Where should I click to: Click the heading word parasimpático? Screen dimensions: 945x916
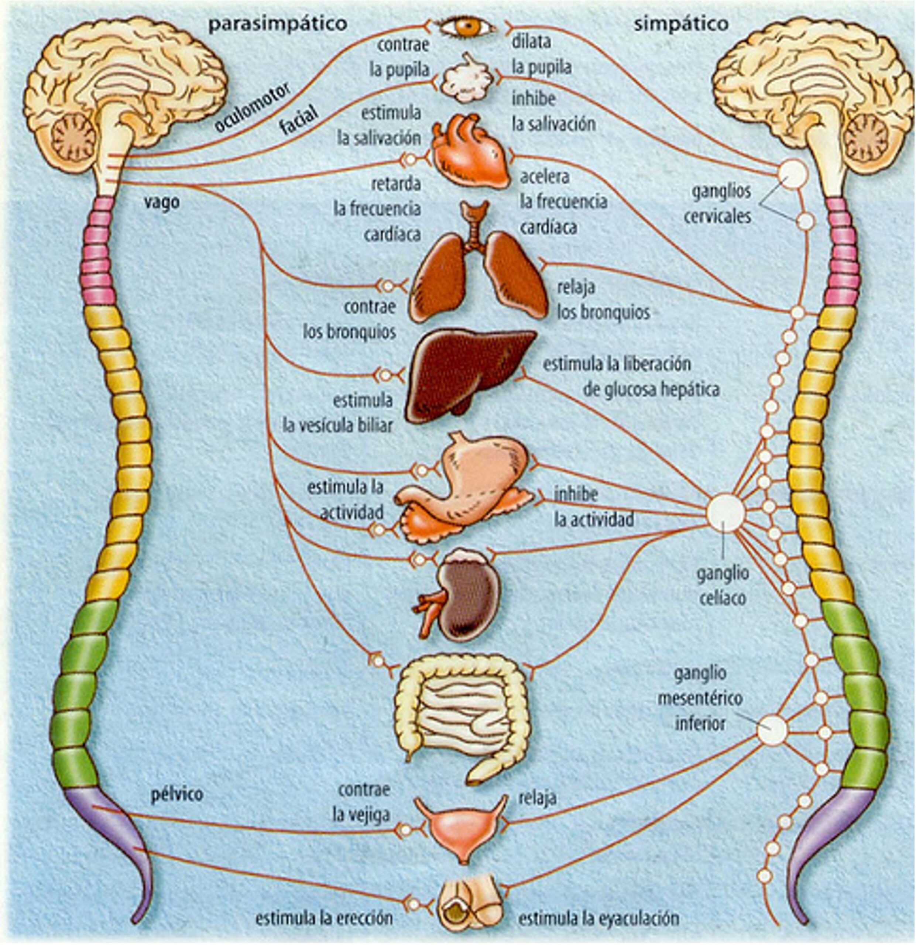(278, 24)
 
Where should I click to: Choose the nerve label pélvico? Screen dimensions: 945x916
(177, 794)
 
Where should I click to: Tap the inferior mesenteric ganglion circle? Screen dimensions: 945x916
(771, 730)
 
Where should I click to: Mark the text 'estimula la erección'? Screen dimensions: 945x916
(324, 918)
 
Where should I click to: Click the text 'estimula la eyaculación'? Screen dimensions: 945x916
(598, 918)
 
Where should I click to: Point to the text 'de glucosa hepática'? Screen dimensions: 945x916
(651, 389)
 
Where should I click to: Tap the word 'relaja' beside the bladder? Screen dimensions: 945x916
(538, 798)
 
